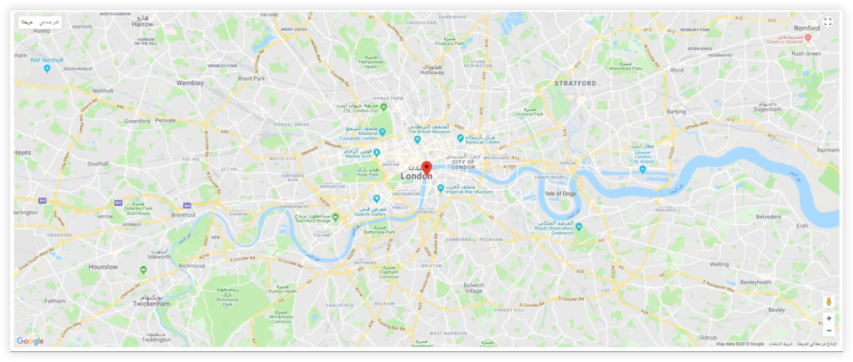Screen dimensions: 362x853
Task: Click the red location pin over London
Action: pyautogui.click(x=426, y=167)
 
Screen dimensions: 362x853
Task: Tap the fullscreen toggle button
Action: pyautogui.click(x=828, y=22)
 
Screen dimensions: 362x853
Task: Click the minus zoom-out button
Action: pyautogui.click(x=828, y=330)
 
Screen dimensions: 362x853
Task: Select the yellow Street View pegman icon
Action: pyautogui.click(x=828, y=302)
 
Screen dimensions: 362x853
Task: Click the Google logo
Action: pyautogui.click(x=30, y=341)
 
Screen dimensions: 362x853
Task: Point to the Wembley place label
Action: pyautogui.click(x=190, y=83)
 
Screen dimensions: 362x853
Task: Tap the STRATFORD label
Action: pyautogui.click(x=575, y=83)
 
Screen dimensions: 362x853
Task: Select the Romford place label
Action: pyautogui.click(x=807, y=28)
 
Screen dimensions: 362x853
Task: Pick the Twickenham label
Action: pyautogui.click(x=151, y=304)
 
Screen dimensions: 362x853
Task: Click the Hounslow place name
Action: pyautogui.click(x=103, y=267)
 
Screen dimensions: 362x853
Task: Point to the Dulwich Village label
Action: pyautogui.click(x=473, y=288)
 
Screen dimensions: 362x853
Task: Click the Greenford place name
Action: pyautogui.click(x=137, y=121)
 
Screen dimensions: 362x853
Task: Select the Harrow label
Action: pyautogui.click(x=142, y=25)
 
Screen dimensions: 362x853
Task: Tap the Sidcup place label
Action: pyautogui.click(x=708, y=337)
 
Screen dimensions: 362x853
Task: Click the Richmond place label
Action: pyautogui.click(x=192, y=265)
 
